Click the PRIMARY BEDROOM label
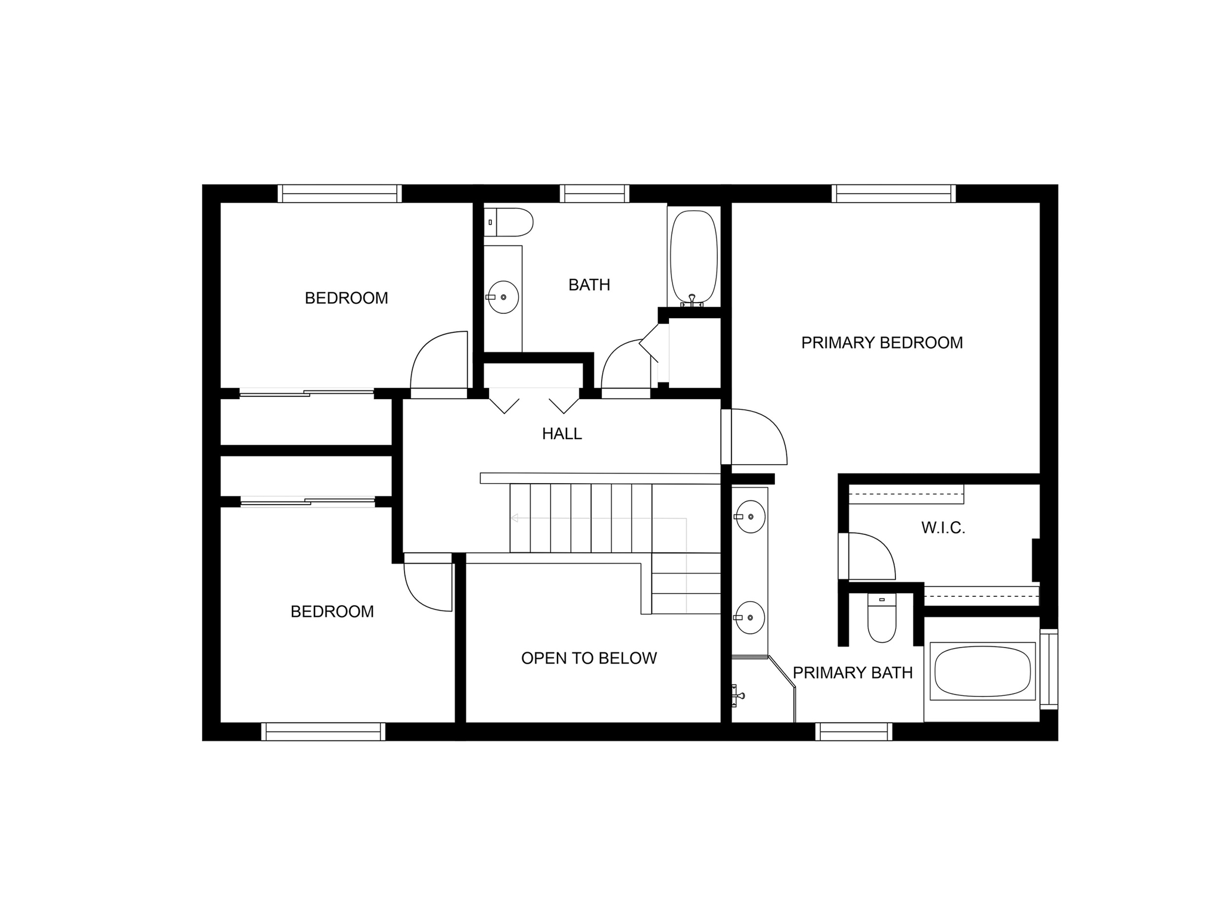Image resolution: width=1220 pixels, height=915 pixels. point(882,343)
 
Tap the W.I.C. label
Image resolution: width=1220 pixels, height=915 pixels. point(943,528)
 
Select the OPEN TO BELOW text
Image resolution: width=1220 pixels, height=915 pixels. point(589,658)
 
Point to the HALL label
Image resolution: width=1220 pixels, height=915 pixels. point(562,434)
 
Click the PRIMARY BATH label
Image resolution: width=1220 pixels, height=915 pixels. point(852,673)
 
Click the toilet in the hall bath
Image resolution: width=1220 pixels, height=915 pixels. point(508,222)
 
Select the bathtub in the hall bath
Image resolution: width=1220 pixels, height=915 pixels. point(693,257)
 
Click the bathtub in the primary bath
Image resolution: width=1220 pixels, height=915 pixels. point(982,670)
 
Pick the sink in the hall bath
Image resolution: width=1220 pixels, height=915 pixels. point(503,297)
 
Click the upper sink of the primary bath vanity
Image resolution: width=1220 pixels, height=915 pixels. point(749,516)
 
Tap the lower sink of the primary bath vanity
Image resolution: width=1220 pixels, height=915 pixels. point(749,617)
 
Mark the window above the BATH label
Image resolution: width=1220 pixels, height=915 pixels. point(595,194)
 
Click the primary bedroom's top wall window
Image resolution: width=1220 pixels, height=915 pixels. point(894,194)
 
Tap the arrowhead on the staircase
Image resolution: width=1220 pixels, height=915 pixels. point(514,518)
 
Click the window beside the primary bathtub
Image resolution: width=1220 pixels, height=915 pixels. point(1049,669)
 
